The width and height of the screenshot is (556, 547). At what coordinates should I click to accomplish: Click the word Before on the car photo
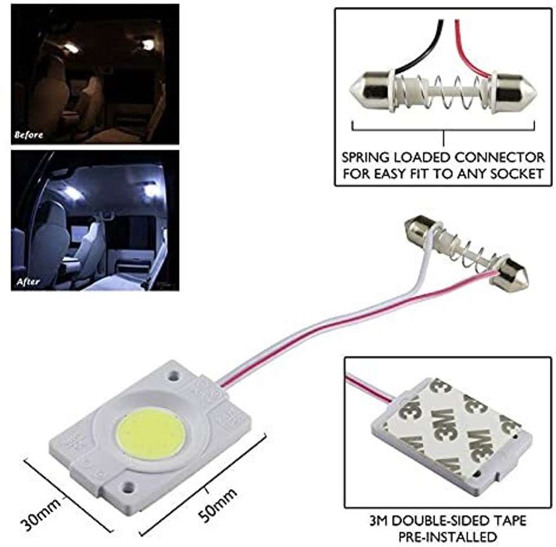pyautogui.click(x=28, y=135)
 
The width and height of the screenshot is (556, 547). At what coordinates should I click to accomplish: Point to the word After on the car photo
pyautogui.click(x=26, y=281)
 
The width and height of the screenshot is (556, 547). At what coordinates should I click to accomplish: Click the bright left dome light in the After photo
pyautogui.click(x=72, y=193)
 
